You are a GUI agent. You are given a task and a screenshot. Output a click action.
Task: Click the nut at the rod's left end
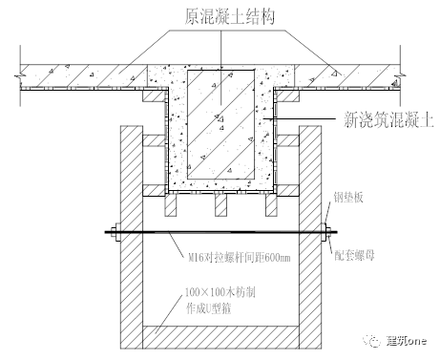[x=113, y=230]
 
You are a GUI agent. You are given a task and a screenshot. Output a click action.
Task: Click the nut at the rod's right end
[x=326, y=230]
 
